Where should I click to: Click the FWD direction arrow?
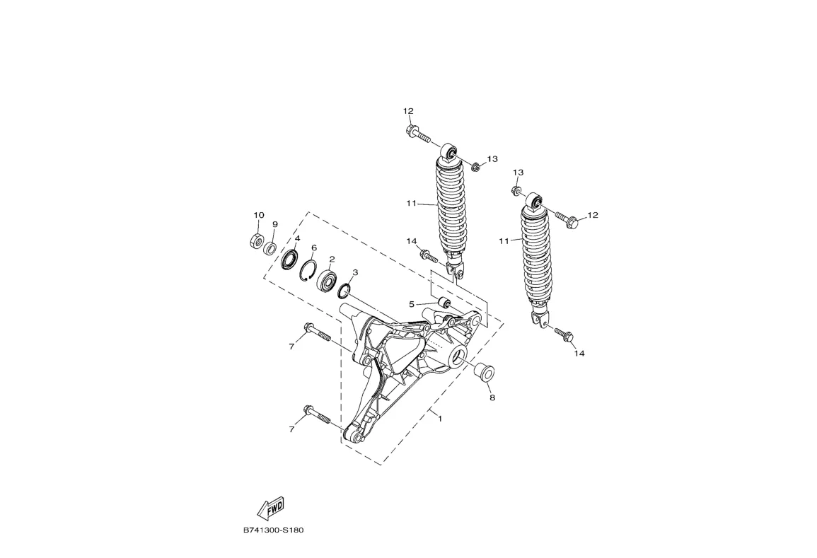point(270,507)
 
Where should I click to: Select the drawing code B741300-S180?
point(273,530)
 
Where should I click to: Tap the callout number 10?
point(259,215)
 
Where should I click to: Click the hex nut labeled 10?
point(257,240)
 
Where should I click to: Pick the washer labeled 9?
point(270,248)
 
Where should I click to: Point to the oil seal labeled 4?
point(289,260)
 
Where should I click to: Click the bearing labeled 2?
point(328,280)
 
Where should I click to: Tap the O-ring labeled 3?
point(345,290)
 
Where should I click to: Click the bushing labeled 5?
point(445,304)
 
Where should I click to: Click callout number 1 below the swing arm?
point(440,419)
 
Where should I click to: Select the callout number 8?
point(492,397)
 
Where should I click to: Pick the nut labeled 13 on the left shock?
point(476,168)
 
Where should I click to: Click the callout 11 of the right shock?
point(504,241)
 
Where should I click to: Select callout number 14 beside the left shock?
point(412,241)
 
